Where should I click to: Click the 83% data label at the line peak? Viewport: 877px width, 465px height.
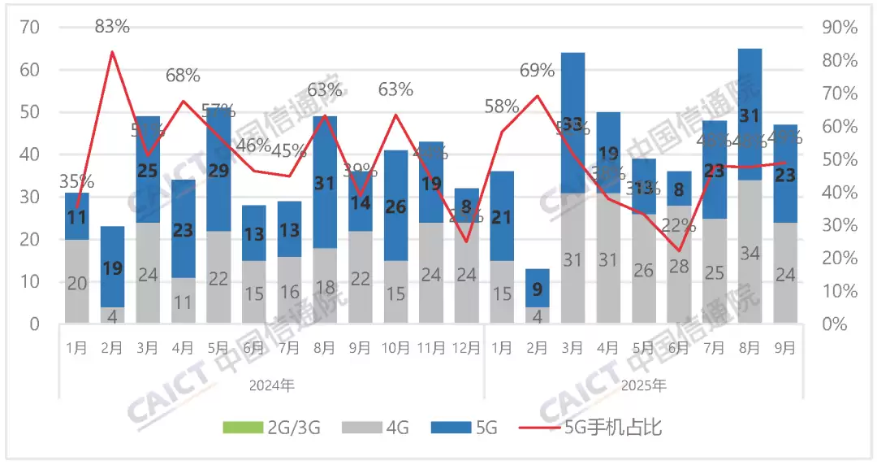(112, 27)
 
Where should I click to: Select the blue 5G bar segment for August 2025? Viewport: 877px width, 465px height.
(750, 114)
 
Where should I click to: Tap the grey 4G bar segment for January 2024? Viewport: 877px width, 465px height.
(77, 281)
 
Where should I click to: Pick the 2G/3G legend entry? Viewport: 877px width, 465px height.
(271, 427)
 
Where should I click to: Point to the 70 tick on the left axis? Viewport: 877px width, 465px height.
(31, 28)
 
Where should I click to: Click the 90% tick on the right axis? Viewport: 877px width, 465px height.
(839, 28)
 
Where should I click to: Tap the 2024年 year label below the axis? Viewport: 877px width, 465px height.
(271, 385)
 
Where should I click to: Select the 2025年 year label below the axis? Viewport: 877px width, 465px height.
(642, 385)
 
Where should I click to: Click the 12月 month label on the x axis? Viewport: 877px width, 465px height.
(466, 348)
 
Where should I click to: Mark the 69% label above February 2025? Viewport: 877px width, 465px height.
(537, 71)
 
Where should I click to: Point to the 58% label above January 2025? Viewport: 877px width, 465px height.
(501, 106)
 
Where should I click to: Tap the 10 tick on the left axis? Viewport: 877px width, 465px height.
(31, 282)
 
